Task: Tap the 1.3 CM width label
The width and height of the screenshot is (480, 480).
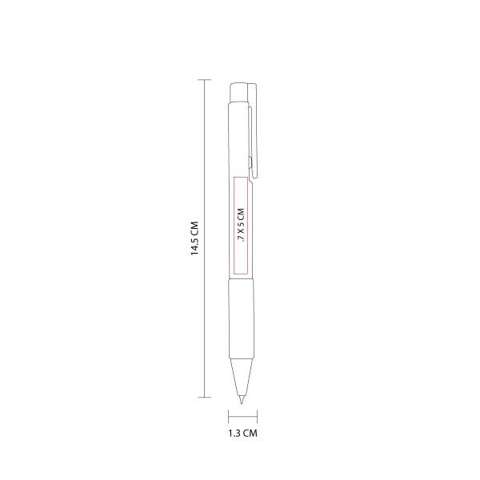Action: point(243,434)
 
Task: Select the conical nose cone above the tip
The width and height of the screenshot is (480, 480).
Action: point(240,373)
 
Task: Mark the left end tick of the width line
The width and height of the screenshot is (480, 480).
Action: point(230,417)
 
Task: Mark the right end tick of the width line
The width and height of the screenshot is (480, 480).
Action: point(257,417)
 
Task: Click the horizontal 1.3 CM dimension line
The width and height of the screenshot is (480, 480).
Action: point(243,417)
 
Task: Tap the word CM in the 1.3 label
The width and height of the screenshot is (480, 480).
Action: point(251,434)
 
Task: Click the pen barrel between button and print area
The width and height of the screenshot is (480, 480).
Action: point(239,136)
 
